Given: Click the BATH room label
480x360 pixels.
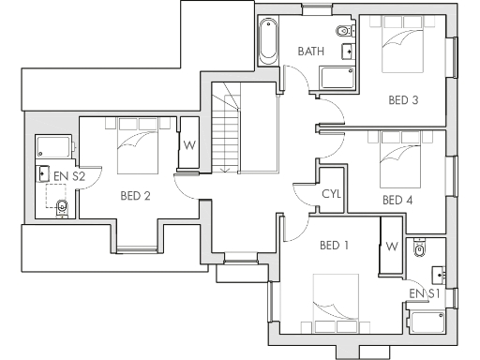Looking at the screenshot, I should click(x=311, y=52).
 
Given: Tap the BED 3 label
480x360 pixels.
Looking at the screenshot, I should click(x=403, y=101).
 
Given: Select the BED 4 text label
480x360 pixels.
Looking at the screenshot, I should click(x=397, y=200).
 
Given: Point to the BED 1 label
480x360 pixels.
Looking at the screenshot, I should click(x=335, y=246).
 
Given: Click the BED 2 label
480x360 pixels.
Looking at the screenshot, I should click(x=136, y=196).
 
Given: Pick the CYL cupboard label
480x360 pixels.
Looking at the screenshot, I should click(x=331, y=194).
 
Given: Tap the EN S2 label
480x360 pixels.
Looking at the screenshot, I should click(x=69, y=175).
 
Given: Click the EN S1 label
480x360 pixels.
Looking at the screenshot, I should click(x=425, y=294).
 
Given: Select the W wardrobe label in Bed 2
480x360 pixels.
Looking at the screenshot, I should click(x=188, y=145).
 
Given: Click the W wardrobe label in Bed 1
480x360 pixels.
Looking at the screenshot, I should click(x=392, y=246).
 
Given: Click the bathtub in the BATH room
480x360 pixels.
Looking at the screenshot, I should click(x=267, y=40).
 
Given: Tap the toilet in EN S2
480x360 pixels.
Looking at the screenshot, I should click(x=62, y=207).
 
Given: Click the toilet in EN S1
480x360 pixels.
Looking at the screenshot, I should click(x=421, y=247).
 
